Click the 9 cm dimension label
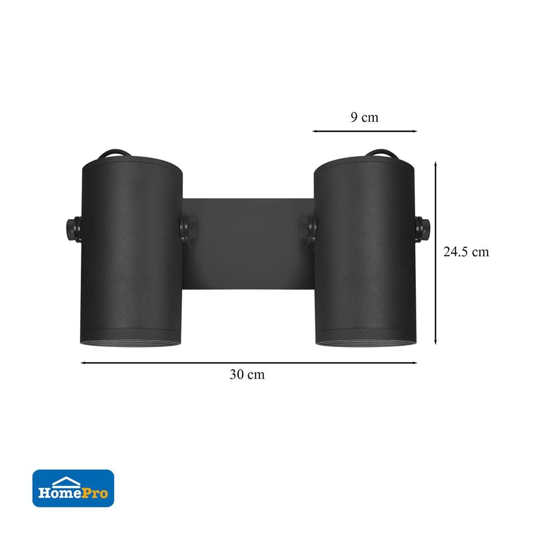click(364, 117)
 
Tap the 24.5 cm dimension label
click(466, 252)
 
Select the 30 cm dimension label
click(247, 374)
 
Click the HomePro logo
click(73, 489)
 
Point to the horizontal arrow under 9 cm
click(364, 131)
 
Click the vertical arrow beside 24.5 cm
click(435, 253)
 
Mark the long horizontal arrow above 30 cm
click(249, 363)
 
